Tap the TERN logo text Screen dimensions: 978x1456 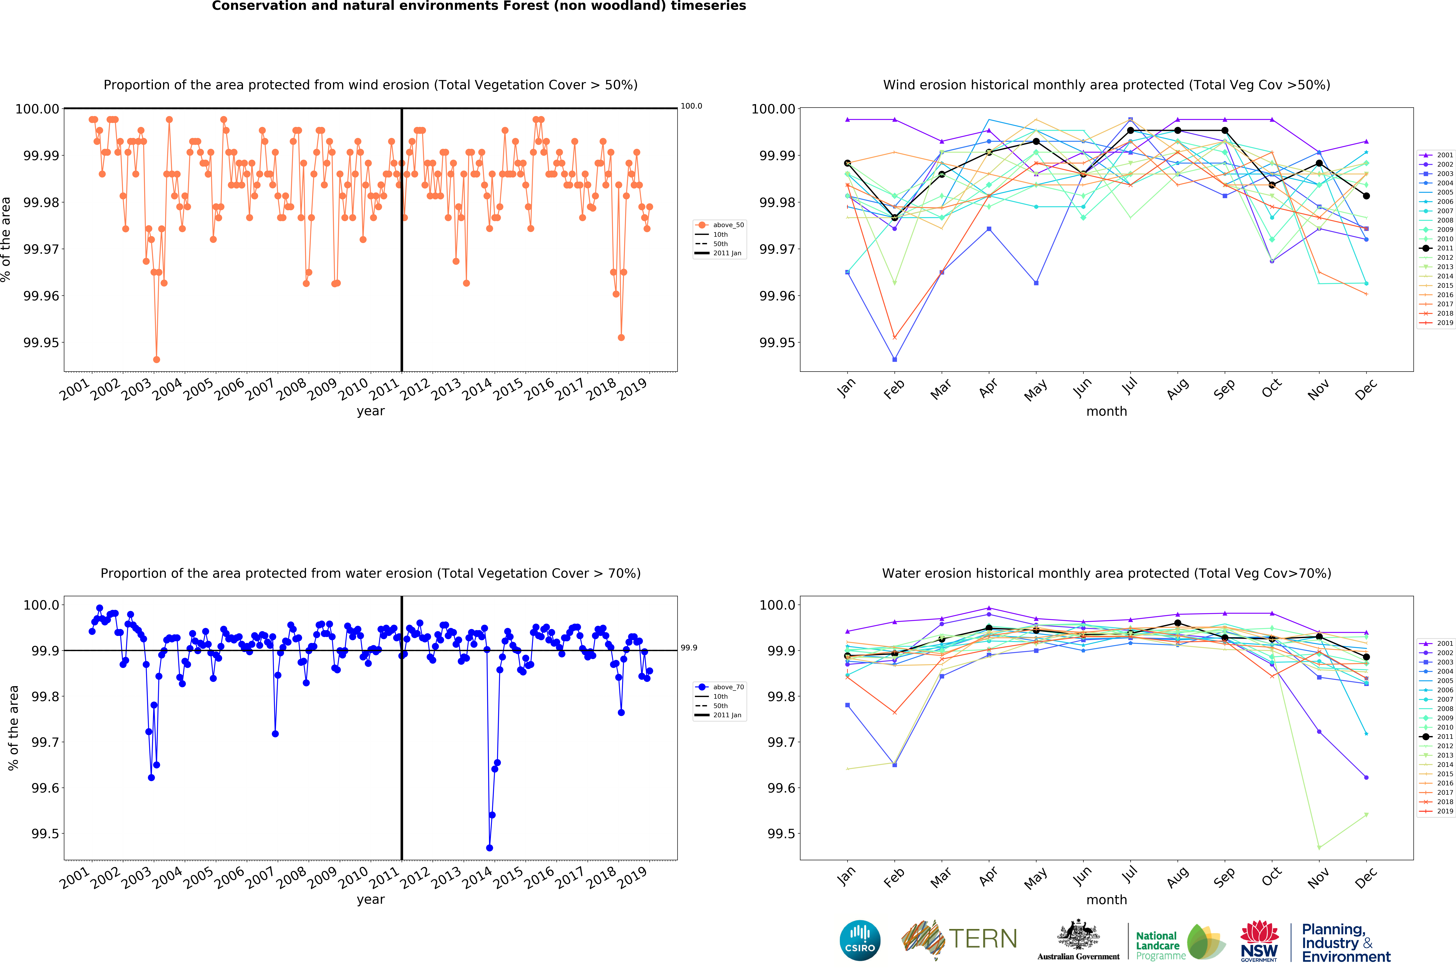pos(983,939)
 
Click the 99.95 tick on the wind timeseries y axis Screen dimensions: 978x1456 pos(41,342)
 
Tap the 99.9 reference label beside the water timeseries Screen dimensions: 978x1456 pos(689,648)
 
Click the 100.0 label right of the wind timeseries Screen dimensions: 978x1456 pos(691,106)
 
